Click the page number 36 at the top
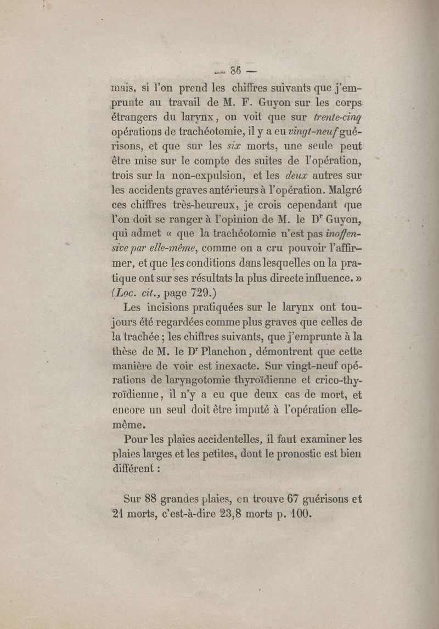(237, 71)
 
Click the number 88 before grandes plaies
(151, 499)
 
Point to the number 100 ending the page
(301, 514)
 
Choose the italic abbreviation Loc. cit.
(134, 293)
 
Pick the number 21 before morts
(119, 514)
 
